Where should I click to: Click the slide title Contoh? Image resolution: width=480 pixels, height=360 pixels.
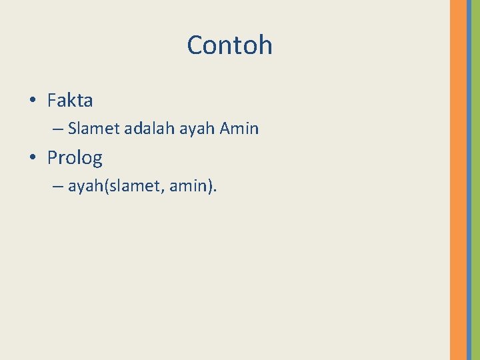click(229, 45)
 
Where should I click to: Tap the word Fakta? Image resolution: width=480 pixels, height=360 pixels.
click(70, 101)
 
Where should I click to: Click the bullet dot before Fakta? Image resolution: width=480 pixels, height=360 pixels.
click(33, 101)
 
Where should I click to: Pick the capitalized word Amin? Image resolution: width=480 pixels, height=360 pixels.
click(239, 129)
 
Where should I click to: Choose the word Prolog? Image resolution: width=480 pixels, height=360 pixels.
click(75, 159)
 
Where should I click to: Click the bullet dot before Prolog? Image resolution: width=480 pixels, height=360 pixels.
click(33, 159)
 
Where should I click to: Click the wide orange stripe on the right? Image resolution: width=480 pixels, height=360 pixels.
click(458, 180)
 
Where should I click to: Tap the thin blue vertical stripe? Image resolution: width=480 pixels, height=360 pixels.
click(469, 180)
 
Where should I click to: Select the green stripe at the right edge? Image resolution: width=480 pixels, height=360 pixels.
click(475, 180)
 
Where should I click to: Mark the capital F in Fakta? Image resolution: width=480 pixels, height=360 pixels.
click(52, 101)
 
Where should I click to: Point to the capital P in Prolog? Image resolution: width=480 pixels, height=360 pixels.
click(53, 158)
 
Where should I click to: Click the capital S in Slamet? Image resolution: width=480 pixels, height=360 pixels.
click(73, 129)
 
